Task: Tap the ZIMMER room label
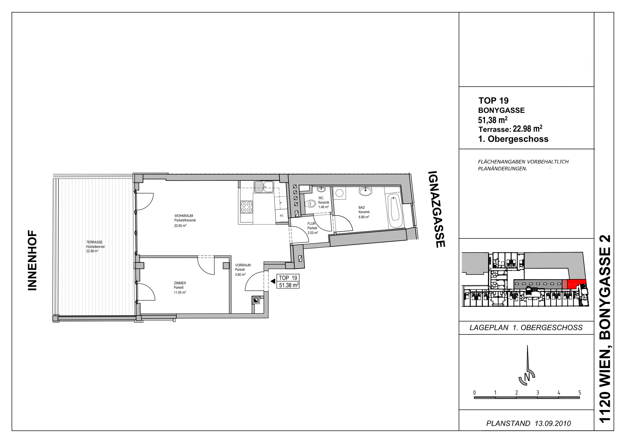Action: (180, 283)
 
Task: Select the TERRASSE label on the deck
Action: (94, 242)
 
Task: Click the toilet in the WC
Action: (310, 203)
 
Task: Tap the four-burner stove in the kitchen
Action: (246, 207)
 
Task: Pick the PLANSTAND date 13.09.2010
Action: (553, 423)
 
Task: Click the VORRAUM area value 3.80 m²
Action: (240, 275)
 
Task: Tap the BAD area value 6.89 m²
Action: (364, 217)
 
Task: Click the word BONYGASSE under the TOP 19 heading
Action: (501, 110)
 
